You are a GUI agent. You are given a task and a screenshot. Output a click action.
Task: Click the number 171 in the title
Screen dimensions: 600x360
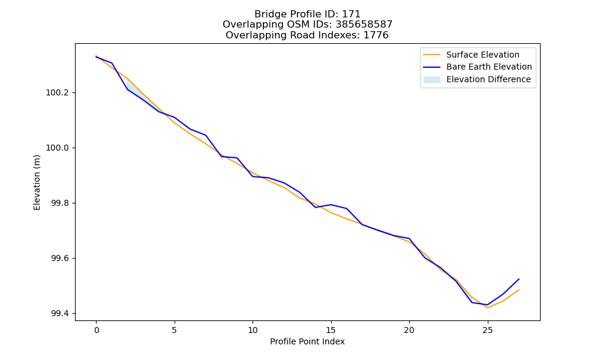(351, 14)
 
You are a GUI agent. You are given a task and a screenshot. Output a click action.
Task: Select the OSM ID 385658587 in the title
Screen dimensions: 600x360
(364, 25)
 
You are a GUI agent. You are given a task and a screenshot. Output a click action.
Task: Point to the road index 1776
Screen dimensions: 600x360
(376, 35)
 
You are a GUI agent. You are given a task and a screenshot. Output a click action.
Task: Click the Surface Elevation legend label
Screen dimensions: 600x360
(482, 55)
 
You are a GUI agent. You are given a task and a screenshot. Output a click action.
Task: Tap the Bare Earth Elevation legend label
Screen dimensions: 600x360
(489, 67)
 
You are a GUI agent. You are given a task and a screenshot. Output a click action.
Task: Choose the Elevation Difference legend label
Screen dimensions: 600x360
(488, 79)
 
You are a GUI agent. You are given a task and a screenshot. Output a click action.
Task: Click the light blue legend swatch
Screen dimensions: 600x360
(431, 80)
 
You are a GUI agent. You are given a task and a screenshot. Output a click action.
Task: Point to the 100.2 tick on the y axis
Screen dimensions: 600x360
(58, 93)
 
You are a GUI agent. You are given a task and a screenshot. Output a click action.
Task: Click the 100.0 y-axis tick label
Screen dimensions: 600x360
(58, 148)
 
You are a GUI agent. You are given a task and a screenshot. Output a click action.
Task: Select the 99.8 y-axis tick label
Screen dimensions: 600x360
(60, 203)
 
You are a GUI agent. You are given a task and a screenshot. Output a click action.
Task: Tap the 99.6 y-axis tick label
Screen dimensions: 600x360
(60, 259)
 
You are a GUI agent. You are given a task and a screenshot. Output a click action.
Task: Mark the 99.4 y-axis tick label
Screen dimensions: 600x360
(60, 314)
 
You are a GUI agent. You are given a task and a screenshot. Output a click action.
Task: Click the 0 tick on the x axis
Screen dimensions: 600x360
(97, 330)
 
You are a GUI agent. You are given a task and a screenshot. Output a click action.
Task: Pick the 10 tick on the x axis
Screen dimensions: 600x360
(253, 330)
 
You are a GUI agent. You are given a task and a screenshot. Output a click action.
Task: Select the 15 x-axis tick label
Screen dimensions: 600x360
(331, 330)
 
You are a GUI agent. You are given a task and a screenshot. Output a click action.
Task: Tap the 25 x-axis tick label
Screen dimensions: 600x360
(487, 330)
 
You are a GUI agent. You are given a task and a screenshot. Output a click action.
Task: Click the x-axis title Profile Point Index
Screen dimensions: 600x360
(307, 341)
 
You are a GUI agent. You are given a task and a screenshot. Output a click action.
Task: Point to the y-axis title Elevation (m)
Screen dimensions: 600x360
(37, 182)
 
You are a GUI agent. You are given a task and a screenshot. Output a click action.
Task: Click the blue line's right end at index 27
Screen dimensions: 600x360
(519, 279)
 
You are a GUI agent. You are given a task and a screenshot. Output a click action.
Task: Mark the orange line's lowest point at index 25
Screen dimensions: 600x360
(487, 308)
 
